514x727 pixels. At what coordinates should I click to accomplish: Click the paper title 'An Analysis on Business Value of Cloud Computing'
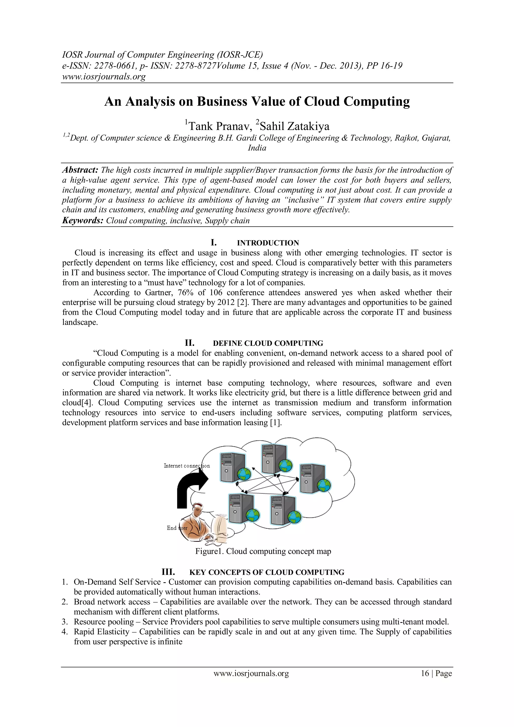click(257, 102)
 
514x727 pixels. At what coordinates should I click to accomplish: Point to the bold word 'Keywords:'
click(83, 220)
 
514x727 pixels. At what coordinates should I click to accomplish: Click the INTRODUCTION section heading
click(268, 243)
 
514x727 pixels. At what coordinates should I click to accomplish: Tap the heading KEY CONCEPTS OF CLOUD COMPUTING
click(266, 572)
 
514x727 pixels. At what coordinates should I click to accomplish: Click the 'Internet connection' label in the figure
click(186, 466)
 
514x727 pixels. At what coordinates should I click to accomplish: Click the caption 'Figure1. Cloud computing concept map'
click(263, 551)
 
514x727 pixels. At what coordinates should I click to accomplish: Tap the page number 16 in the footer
click(425, 673)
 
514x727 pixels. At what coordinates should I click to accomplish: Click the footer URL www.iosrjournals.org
click(251, 673)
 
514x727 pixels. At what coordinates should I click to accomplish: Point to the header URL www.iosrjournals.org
click(104, 77)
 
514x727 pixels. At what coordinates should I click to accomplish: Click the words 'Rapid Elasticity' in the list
click(101, 632)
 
